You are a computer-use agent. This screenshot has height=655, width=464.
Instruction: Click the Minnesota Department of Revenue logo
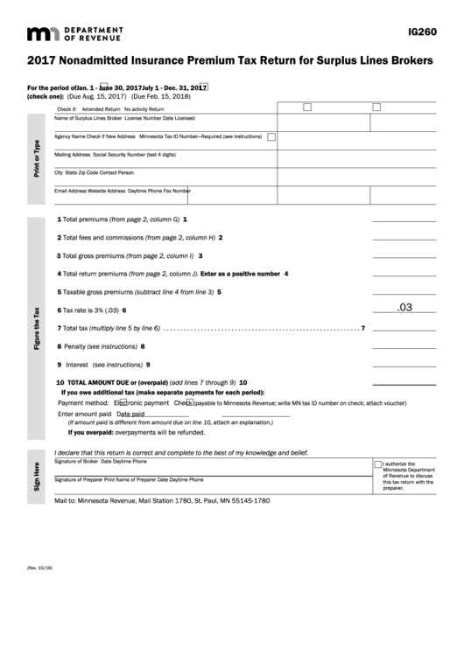pos(75,34)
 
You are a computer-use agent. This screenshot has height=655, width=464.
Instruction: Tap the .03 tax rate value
pos(404,308)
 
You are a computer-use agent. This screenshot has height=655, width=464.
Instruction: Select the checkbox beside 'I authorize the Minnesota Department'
pos(378,464)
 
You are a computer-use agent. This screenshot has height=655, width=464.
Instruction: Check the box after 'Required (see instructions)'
pos(271,137)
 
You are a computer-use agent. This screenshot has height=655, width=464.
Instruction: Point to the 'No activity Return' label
pos(144,108)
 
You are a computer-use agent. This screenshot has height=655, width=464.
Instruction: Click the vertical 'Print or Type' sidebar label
pos(37,157)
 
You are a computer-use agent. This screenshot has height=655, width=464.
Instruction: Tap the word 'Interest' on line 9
pos(77,365)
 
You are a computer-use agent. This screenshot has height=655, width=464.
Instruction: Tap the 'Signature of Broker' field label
pos(76,460)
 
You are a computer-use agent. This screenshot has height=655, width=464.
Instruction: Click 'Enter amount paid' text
pos(84,414)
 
